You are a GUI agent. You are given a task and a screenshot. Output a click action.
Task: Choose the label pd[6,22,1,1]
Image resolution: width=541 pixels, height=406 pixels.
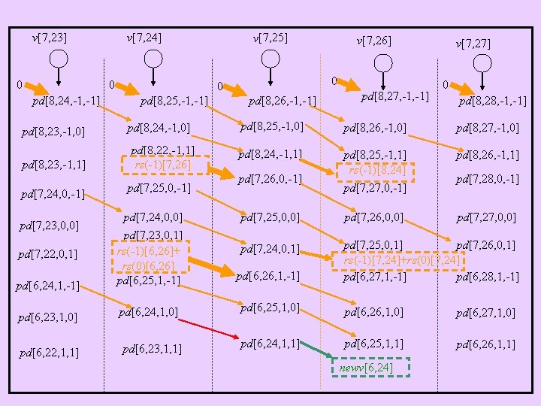(x=50, y=351)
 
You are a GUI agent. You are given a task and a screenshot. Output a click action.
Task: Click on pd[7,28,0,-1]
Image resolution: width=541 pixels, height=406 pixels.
(x=487, y=179)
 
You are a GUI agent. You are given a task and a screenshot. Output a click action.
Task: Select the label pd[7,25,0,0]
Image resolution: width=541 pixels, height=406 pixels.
(x=270, y=218)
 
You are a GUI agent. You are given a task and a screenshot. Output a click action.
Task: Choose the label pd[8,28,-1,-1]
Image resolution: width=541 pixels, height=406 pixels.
(x=492, y=101)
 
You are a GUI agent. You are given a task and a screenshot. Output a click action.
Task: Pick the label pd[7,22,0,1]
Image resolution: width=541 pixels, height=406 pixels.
(x=50, y=254)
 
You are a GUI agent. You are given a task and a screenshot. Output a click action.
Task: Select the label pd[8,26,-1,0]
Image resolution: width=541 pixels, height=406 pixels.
(x=375, y=129)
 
